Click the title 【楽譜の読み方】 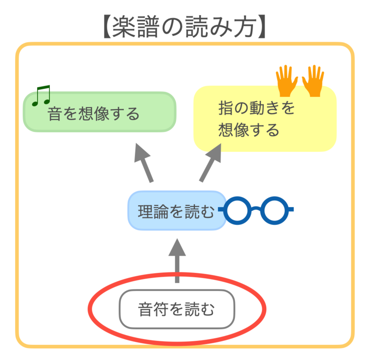183,27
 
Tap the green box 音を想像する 99,112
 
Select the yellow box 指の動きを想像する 265,119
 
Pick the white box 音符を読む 177,310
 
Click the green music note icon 41,95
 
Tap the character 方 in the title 242,27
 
